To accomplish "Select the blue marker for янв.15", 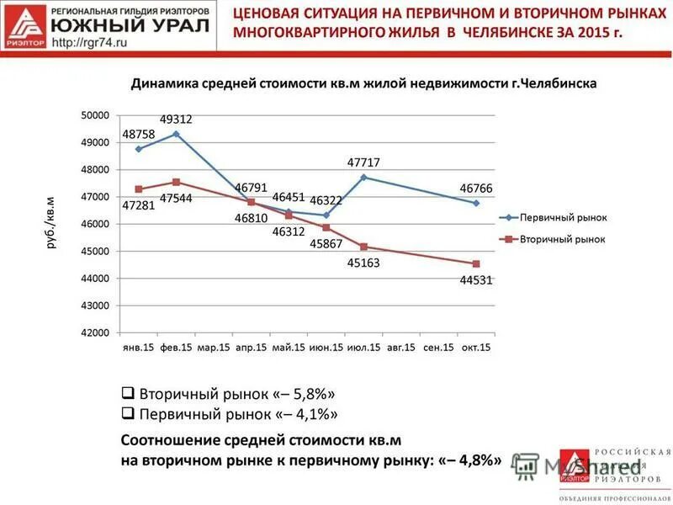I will (138, 148).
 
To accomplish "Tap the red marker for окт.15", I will (476, 263).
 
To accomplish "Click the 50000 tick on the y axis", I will (95, 114).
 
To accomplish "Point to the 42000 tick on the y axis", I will (95, 332).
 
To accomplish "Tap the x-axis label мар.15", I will (213, 348).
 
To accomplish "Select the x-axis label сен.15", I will (438, 348).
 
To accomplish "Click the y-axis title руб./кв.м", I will (50, 224).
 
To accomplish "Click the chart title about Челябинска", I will (363, 85).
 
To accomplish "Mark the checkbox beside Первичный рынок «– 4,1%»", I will (128, 414).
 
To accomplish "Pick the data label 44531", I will (475, 279).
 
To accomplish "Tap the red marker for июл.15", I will (363, 247).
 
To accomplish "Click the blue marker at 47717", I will (363, 177).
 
